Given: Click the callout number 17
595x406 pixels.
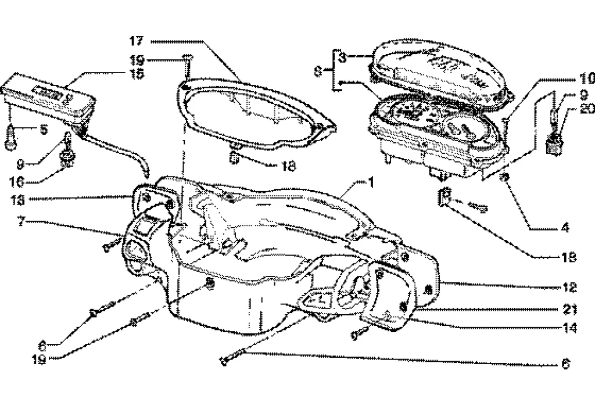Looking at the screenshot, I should point(136,41).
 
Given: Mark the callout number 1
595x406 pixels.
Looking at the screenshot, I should point(370,182).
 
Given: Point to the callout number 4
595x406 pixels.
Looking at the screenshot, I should point(563,228).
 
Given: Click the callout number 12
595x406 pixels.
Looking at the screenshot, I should point(569,288).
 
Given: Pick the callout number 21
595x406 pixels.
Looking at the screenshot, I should point(569,308).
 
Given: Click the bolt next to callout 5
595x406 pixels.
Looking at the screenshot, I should point(10,138).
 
